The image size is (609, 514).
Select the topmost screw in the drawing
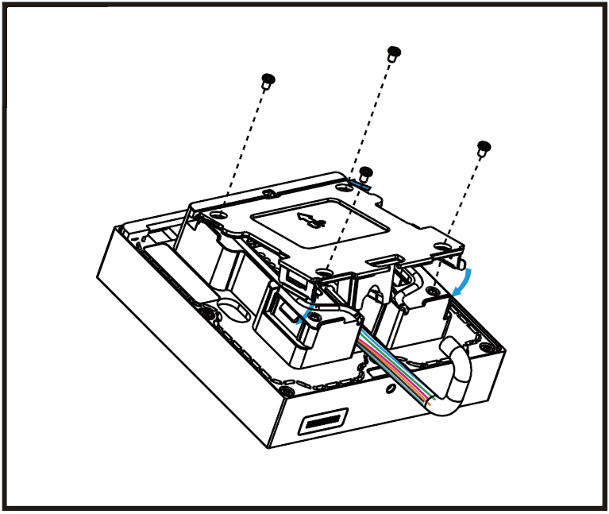(x=392, y=53)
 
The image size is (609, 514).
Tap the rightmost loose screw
(x=483, y=147)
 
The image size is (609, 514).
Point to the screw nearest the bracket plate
(x=366, y=172)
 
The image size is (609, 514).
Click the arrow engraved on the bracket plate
(x=309, y=218)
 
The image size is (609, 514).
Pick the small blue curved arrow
(x=303, y=314)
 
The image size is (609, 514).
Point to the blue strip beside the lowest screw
(x=358, y=181)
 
